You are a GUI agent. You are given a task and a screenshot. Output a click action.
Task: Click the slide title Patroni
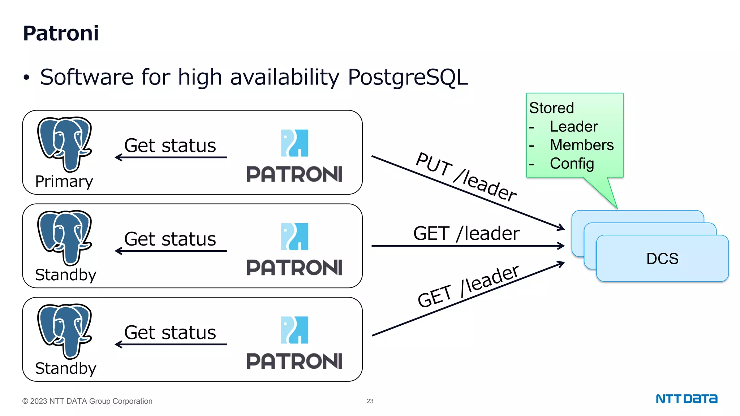[x=61, y=33]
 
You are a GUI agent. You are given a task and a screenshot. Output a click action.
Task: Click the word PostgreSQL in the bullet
[x=408, y=77]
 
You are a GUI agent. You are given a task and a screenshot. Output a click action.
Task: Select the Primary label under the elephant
[x=64, y=181]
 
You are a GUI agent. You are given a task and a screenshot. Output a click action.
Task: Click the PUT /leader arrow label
[x=466, y=177]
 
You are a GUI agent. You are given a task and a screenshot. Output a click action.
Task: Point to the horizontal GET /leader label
[x=466, y=233]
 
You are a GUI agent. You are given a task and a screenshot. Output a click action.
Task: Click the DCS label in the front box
[x=662, y=259]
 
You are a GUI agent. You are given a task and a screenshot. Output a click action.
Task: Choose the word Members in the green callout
[x=581, y=145]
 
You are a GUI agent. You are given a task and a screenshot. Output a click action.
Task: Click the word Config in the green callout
[x=572, y=164]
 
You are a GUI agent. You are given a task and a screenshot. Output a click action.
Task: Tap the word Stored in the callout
[x=551, y=108]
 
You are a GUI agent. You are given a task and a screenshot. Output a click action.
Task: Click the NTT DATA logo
[x=686, y=399]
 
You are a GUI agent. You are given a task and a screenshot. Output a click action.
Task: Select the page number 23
[x=370, y=401]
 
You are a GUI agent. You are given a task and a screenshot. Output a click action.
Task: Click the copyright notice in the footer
[x=87, y=401]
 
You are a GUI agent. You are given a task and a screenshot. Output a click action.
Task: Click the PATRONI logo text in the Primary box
[x=294, y=174]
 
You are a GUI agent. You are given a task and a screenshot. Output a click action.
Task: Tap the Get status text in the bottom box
[x=170, y=333]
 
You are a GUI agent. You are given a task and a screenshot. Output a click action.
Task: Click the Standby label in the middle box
[x=65, y=275]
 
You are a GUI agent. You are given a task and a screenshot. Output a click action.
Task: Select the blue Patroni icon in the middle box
[x=294, y=237]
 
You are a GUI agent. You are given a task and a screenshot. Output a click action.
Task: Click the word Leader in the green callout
[x=573, y=127]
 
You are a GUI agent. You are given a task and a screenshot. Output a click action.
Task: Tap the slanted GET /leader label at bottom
[x=468, y=286]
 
